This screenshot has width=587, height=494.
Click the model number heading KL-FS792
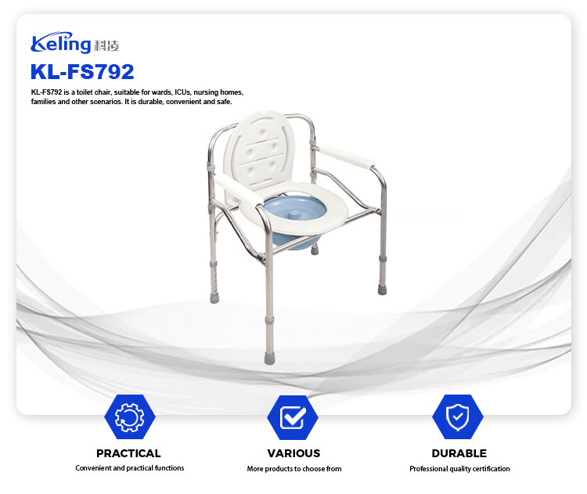click(82, 71)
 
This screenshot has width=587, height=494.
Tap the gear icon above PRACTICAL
click(129, 416)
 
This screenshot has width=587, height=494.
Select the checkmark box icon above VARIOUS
click(293, 416)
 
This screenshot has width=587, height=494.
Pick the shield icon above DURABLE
click(458, 416)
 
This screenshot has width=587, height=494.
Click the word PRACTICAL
click(128, 453)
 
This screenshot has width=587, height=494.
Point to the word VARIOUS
click(293, 453)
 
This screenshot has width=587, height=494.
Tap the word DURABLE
click(459, 453)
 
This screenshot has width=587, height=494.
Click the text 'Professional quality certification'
click(459, 468)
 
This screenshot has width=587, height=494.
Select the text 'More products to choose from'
click(294, 468)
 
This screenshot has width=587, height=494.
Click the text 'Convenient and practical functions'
click(129, 468)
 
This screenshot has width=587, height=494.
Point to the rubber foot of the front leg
click(269, 358)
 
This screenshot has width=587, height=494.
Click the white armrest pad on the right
click(347, 157)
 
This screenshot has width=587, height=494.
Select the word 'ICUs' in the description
click(182, 92)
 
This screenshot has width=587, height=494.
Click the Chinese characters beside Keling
click(106, 45)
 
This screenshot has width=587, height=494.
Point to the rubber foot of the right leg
click(382, 290)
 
